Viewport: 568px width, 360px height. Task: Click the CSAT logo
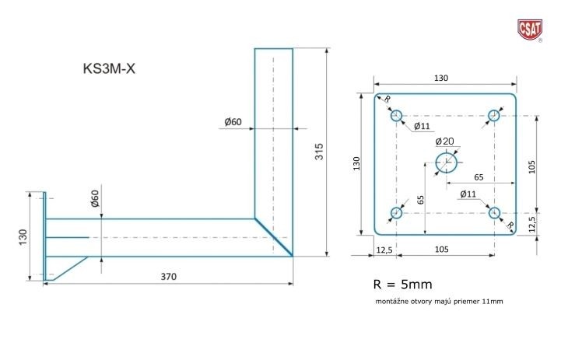coord(530,30)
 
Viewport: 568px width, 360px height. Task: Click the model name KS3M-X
coord(109,68)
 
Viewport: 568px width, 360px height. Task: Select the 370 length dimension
coord(168,277)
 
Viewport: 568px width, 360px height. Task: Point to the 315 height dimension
coord(319,152)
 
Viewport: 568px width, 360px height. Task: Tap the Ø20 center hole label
coord(445,142)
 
